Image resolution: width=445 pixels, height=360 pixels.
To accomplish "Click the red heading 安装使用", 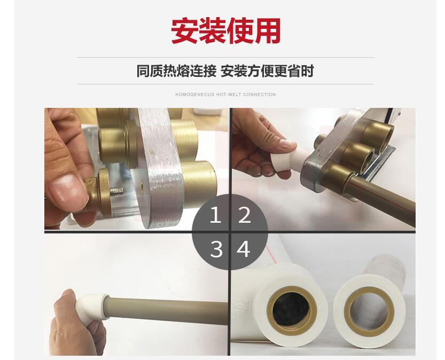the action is pyautogui.click(x=225, y=30).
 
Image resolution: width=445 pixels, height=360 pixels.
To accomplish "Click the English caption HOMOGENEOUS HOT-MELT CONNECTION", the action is pyautogui.click(x=225, y=95).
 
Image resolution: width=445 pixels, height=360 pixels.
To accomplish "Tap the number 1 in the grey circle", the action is pyautogui.click(x=215, y=215).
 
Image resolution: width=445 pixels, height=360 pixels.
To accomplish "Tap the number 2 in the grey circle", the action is pyautogui.click(x=244, y=215).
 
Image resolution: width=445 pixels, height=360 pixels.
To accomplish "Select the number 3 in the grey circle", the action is pyautogui.click(x=216, y=249).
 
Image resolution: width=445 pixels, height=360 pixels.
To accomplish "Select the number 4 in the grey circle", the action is pyautogui.click(x=244, y=249).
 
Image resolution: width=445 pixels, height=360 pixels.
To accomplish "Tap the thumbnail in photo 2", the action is pyautogui.click(x=287, y=143).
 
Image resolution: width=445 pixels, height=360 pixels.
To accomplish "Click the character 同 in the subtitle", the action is pyautogui.click(x=143, y=71).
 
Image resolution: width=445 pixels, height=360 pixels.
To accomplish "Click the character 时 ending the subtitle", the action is pyautogui.click(x=307, y=71).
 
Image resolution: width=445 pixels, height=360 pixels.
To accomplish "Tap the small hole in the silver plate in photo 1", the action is pyautogui.click(x=142, y=185).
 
